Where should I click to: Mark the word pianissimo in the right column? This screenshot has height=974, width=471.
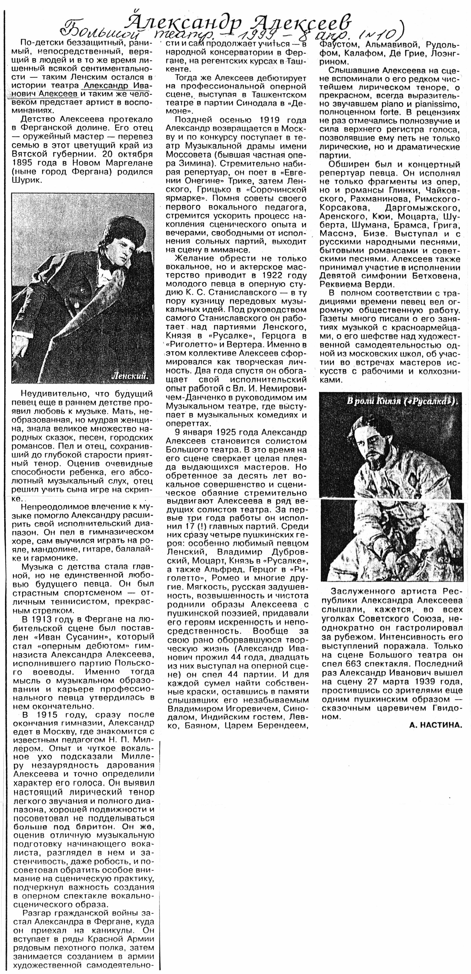434,104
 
